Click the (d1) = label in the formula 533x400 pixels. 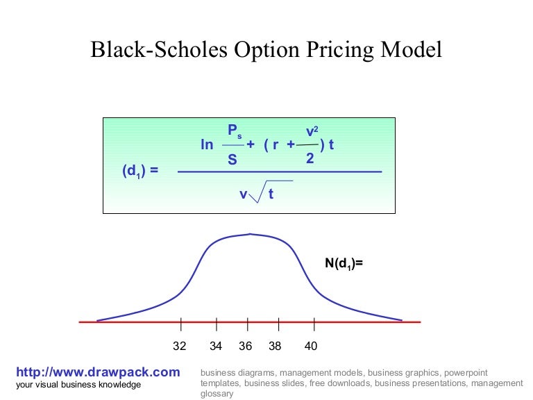pyautogui.click(x=140, y=170)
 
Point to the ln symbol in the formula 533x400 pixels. pyautogui.click(x=207, y=144)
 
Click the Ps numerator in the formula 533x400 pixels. pyautogui.click(x=234, y=131)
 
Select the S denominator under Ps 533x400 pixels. pyautogui.click(x=232, y=160)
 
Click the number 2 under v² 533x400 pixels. pyautogui.click(x=310, y=158)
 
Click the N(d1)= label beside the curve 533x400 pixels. pyautogui.click(x=344, y=263)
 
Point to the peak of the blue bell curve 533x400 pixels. pyautogui.click(x=250, y=235)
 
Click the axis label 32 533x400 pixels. pyautogui.click(x=180, y=346)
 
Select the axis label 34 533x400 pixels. pyautogui.click(x=216, y=346)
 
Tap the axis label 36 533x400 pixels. pyautogui.click(x=246, y=346)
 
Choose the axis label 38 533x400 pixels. pyautogui.click(x=276, y=346)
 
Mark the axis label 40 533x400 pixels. pyautogui.click(x=311, y=346)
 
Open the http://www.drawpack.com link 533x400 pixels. pyautogui.click(x=97, y=372)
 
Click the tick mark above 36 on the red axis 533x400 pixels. pyautogui.click(x=247, y=323)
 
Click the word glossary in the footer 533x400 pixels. pyautogui.click(x=217, y=393)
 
